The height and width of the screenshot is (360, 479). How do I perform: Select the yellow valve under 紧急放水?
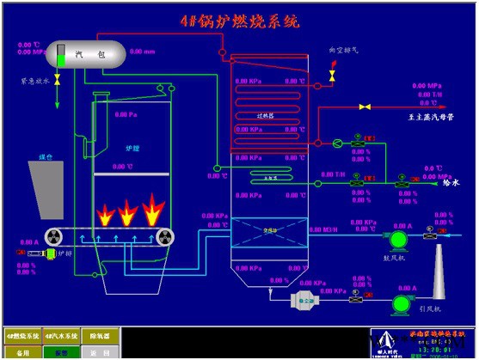[x=57, y=80]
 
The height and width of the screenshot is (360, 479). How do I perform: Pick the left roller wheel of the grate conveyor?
[x=50, y=236]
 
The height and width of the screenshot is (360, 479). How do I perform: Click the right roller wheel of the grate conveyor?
[x=162, y=236]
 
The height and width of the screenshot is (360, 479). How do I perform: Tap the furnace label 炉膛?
[x=132, y=148]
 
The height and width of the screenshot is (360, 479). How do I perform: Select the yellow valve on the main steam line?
[x=365, y=107]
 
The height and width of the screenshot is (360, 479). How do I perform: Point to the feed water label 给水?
[x=451, y=183]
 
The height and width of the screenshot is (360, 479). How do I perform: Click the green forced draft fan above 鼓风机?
[x=399, y=237]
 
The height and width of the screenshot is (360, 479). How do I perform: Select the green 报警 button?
[x=61, y=351]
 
